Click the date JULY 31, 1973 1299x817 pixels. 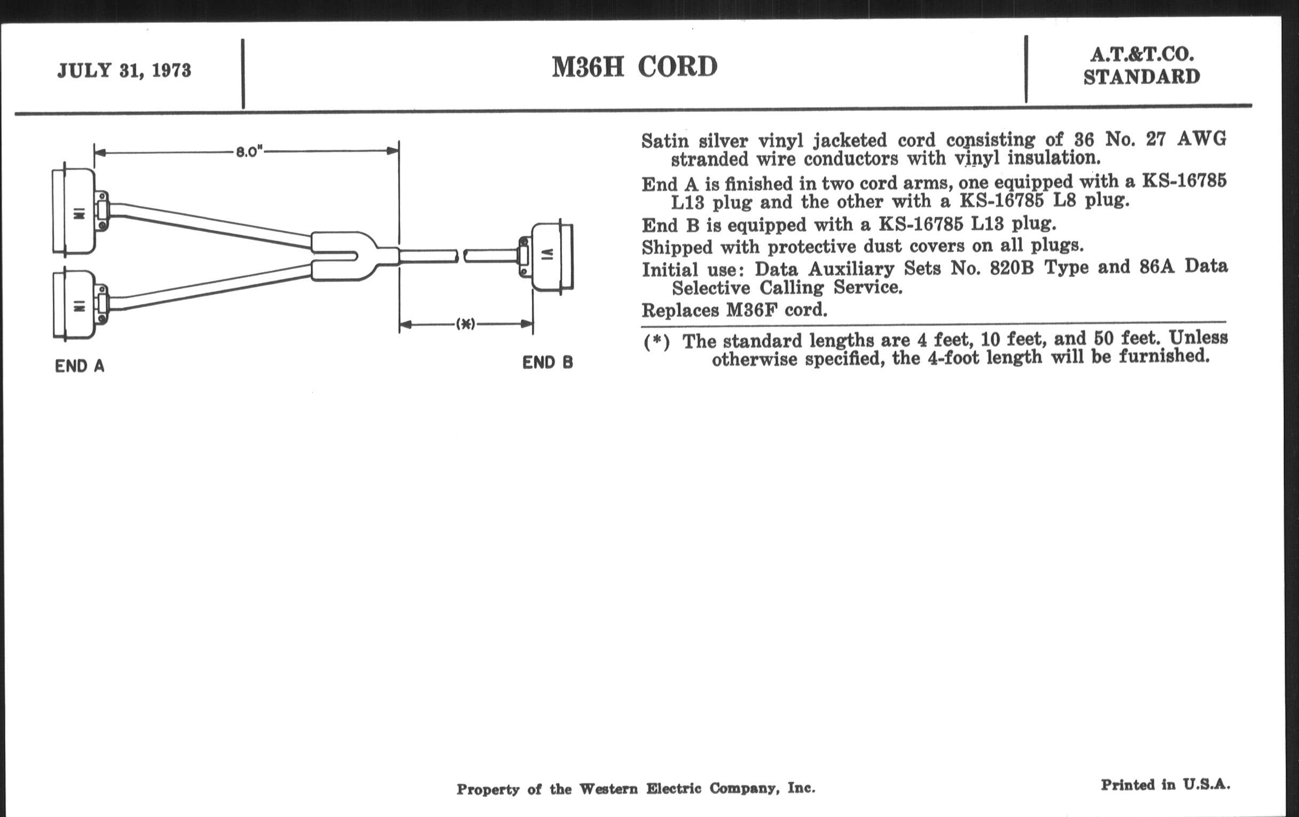[x=124, y=70]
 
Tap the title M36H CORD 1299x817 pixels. [x=635, y=67]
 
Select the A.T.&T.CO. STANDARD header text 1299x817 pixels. [x=1141, y=66]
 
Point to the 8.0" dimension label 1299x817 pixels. [x=249, y=152]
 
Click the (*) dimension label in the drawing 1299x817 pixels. [x=466, y=324]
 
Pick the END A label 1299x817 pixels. [x=79, y=366]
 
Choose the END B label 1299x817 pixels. [x=547, y=363]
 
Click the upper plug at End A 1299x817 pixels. [x=75, y=211]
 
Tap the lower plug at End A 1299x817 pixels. [x=75, y=305]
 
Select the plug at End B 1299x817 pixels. [x=550, y=257]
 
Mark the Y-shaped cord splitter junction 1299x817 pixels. [x=345, y=256]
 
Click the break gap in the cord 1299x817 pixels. [x=461, y=256]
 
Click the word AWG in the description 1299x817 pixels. [x=1201, y=139]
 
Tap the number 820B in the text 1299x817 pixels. [x=1011, y=268]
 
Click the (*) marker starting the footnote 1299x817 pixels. [x=656, y=342]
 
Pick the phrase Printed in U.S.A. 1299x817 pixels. [x=1165, y=784]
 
